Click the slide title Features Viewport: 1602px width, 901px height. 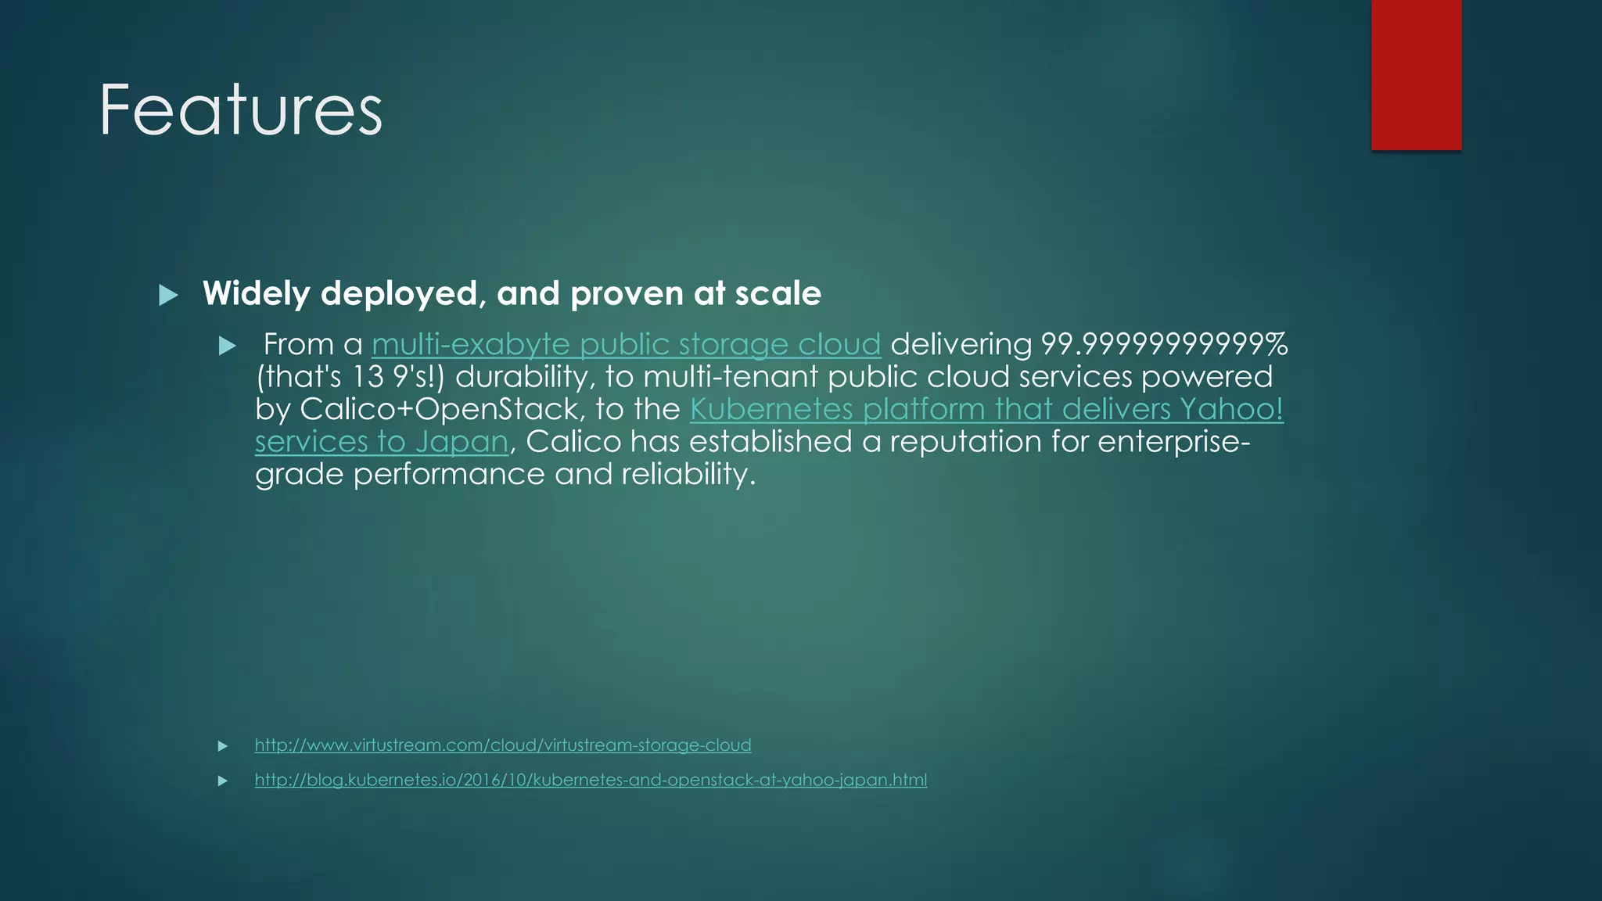click(x=241, y=109)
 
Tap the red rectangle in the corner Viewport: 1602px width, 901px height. click(x=1416, y=74)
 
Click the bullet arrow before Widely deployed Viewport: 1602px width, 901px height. click(x=168, y=295)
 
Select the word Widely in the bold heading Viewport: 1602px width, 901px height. click(x=257, y=294)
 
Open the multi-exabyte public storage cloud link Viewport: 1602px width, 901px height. click(x=626, y=345)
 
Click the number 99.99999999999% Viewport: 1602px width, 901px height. click(x=1164, y=345)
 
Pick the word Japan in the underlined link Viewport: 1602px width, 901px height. click(x=462, y=442)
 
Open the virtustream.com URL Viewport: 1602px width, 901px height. click(x=503, y=745)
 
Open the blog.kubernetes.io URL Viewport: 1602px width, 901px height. click(x=591, y=780)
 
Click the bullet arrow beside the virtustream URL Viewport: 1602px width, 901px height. click(x=223, y=746)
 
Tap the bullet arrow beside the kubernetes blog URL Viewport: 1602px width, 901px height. click(x=223, y=781)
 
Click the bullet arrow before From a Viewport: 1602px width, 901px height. click(x=228, y=346)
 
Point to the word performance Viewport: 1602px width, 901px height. click(x=449, y=474)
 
